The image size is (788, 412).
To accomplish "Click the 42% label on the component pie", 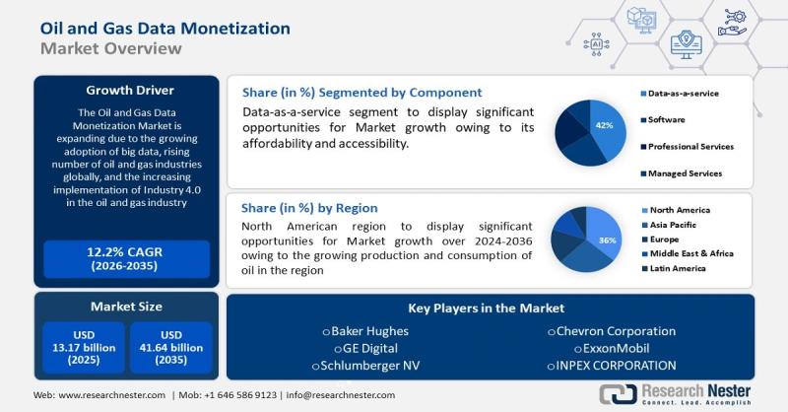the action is pyautogui.click(x=604, y=125).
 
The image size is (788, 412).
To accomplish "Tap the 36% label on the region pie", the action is pyautogui.click(x=607, y=240).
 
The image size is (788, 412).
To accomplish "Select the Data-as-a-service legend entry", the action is pyautogui.click(x=680, y=94).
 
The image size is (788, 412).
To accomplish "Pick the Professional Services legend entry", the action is pyautogui.click(x=687, y=147).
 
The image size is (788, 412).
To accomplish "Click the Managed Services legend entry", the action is pyautogui.click(x=681, y=173).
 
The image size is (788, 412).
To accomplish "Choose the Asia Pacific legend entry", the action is pyautogui.click(x=669, y=225).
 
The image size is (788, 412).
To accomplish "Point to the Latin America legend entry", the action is pyautogui.click(x=674, y=269).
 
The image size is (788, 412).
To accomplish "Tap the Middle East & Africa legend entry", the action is pyautogui.click(x=688, y=253).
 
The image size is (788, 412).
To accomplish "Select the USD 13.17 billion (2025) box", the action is pyautogui.click(x=84, y=348).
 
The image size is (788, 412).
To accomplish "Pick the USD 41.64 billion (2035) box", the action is pyautogui.click(x=171, y=348).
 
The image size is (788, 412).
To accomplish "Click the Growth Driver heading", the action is pyautogui.click(x=130, y=91).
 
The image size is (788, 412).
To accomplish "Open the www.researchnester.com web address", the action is pyautogui.click(x=111, y=395).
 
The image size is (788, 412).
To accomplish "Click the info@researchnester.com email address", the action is pyautogui.click(x=340, y=395).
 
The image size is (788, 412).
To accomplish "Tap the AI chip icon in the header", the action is pyautogui.click(x=597, y=44).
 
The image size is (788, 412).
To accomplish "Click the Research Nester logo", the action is pyautogui.click(x=675, y=394).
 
